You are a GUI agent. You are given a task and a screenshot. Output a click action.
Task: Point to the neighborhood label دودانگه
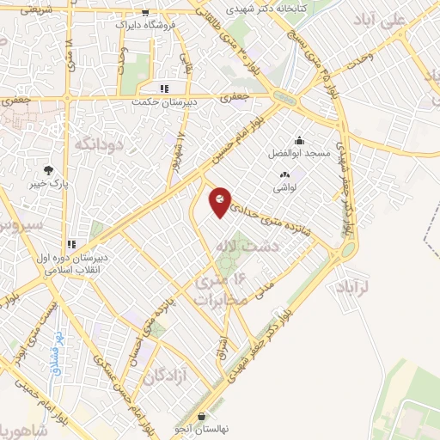(x=100, y=144)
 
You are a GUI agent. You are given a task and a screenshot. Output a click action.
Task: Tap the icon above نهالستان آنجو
(x=201, y=415)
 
